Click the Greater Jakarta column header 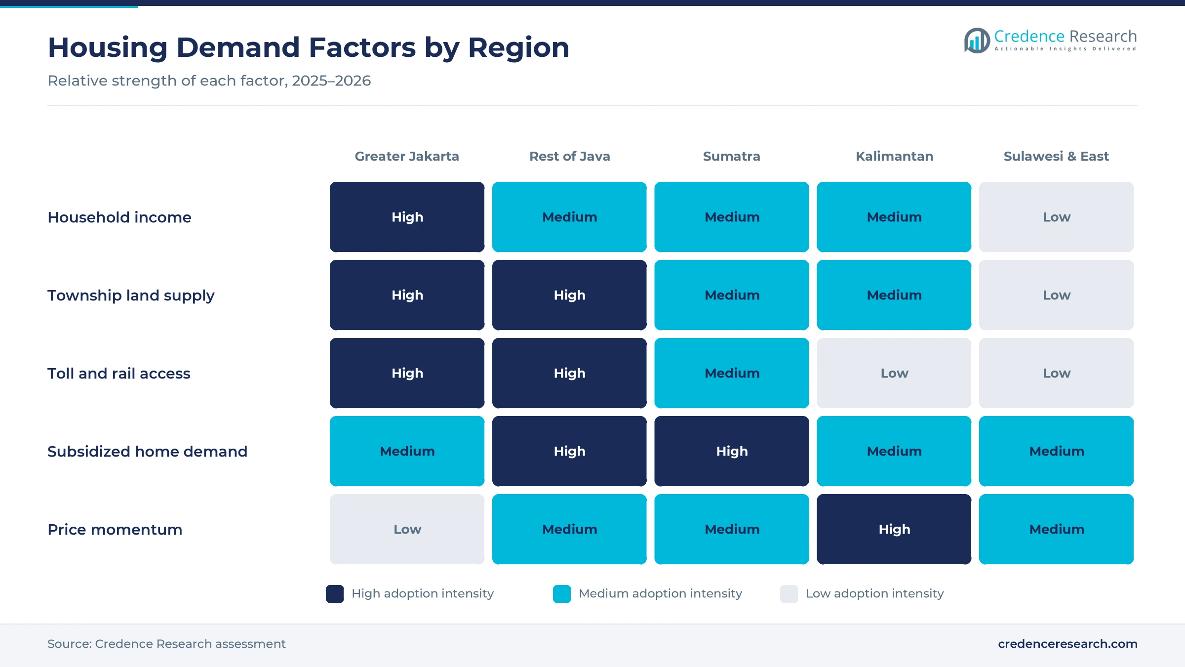pyautogui.click(x=407, y=156)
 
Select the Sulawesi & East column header pyautogui.click(x=1056, y=156)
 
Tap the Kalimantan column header pyautogui.click(x=894, y=156)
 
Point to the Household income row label pyautogui.click(x=119, y=217)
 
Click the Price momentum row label pyautogui.click(x=115, y=530)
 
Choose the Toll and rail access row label pyautogui.click(x=119, y=374)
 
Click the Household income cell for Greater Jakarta pyautogui.click(x=407, y=217)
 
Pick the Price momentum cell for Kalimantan pyautogui.click(x=894, y=529)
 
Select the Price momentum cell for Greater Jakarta pyautogui.click(x=407, y=529)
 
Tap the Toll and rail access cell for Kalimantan pyautogui.click(x=894, y=373)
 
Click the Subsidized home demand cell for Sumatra pyautogui.click(x=732, y=451)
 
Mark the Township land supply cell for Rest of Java pyautogui.click(x=569, y=295)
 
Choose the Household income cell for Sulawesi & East pyautogui.click(x=1057, y=217)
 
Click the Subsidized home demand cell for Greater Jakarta pyautogui.click(x=407, y=451)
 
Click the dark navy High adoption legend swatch pyautogui.click(x=335, y=594)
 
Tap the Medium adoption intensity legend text pyautogui.click(x=660, y=593)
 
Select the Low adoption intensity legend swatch pyautogui.click(x=789, y=594)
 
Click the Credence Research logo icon pyautogui.click(x=977, y=41)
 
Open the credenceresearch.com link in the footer pyautogui.click(x=1067, y=644)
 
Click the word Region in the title pyautogui.click(x=518, y=48)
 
